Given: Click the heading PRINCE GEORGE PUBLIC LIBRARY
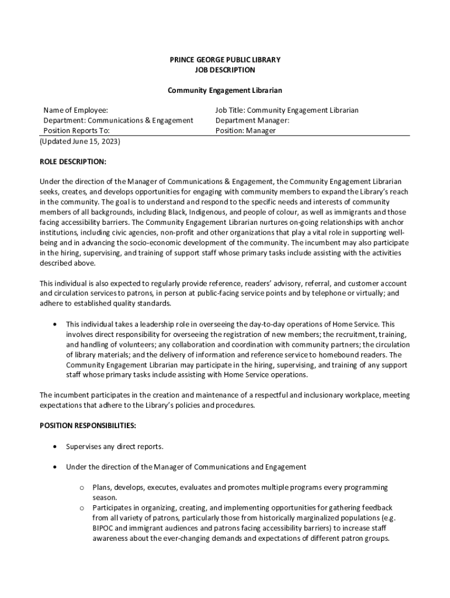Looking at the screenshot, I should pyautogui.click(x=225, y=60).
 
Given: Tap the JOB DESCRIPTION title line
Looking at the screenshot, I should pyautogui.click(x=225, y=70).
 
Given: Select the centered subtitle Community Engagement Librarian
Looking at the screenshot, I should pyautogui.click(x=225, y=91).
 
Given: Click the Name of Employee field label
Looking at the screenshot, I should pyautogui.click(x=76, y=110).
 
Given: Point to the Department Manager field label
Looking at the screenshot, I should pyautogui.click(x=252, y=120).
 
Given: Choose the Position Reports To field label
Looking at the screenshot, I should pyautogui.click(x=77, y=131).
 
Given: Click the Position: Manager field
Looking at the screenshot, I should pyautogui.click(x=245, y=131).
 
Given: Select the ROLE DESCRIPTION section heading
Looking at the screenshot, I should pyautogui.click(x=73, y=161).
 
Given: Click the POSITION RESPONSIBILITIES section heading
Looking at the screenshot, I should pyautogui.click(x=88, y=426).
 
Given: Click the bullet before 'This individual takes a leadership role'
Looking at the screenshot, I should pyautogui.click(x=54, y=324).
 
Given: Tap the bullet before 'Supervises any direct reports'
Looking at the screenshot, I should pyautogui.click(x=54, y=447).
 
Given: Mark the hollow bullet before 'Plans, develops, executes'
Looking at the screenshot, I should pyautogui.click(x=81, y=488).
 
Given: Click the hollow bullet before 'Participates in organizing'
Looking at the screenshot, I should pyautogui.click(x=81, y=508).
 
